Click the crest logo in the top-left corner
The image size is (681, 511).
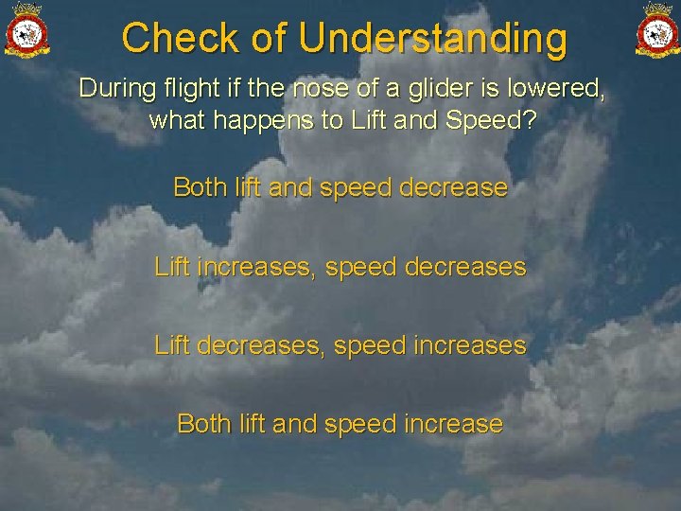26,29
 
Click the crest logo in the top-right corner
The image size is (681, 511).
656,29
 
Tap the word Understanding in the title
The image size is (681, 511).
433,39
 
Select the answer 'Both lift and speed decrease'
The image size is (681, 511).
340,187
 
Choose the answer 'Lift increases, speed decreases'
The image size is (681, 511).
340,268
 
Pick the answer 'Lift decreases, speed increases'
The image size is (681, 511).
340,346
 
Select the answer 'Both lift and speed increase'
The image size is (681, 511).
340,424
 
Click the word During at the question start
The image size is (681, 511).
112,89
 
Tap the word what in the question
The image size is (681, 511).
175,121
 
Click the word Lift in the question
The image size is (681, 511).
367,121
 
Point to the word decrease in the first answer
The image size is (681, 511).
453,187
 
